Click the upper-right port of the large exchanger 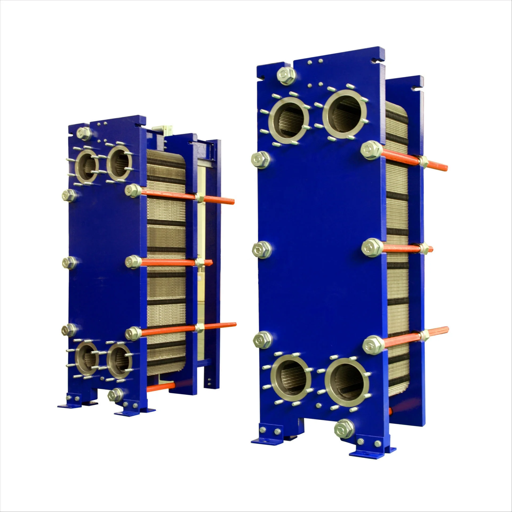pos(345,114)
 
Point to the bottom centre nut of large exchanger pos(344,436)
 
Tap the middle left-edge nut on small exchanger pos(69,263)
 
